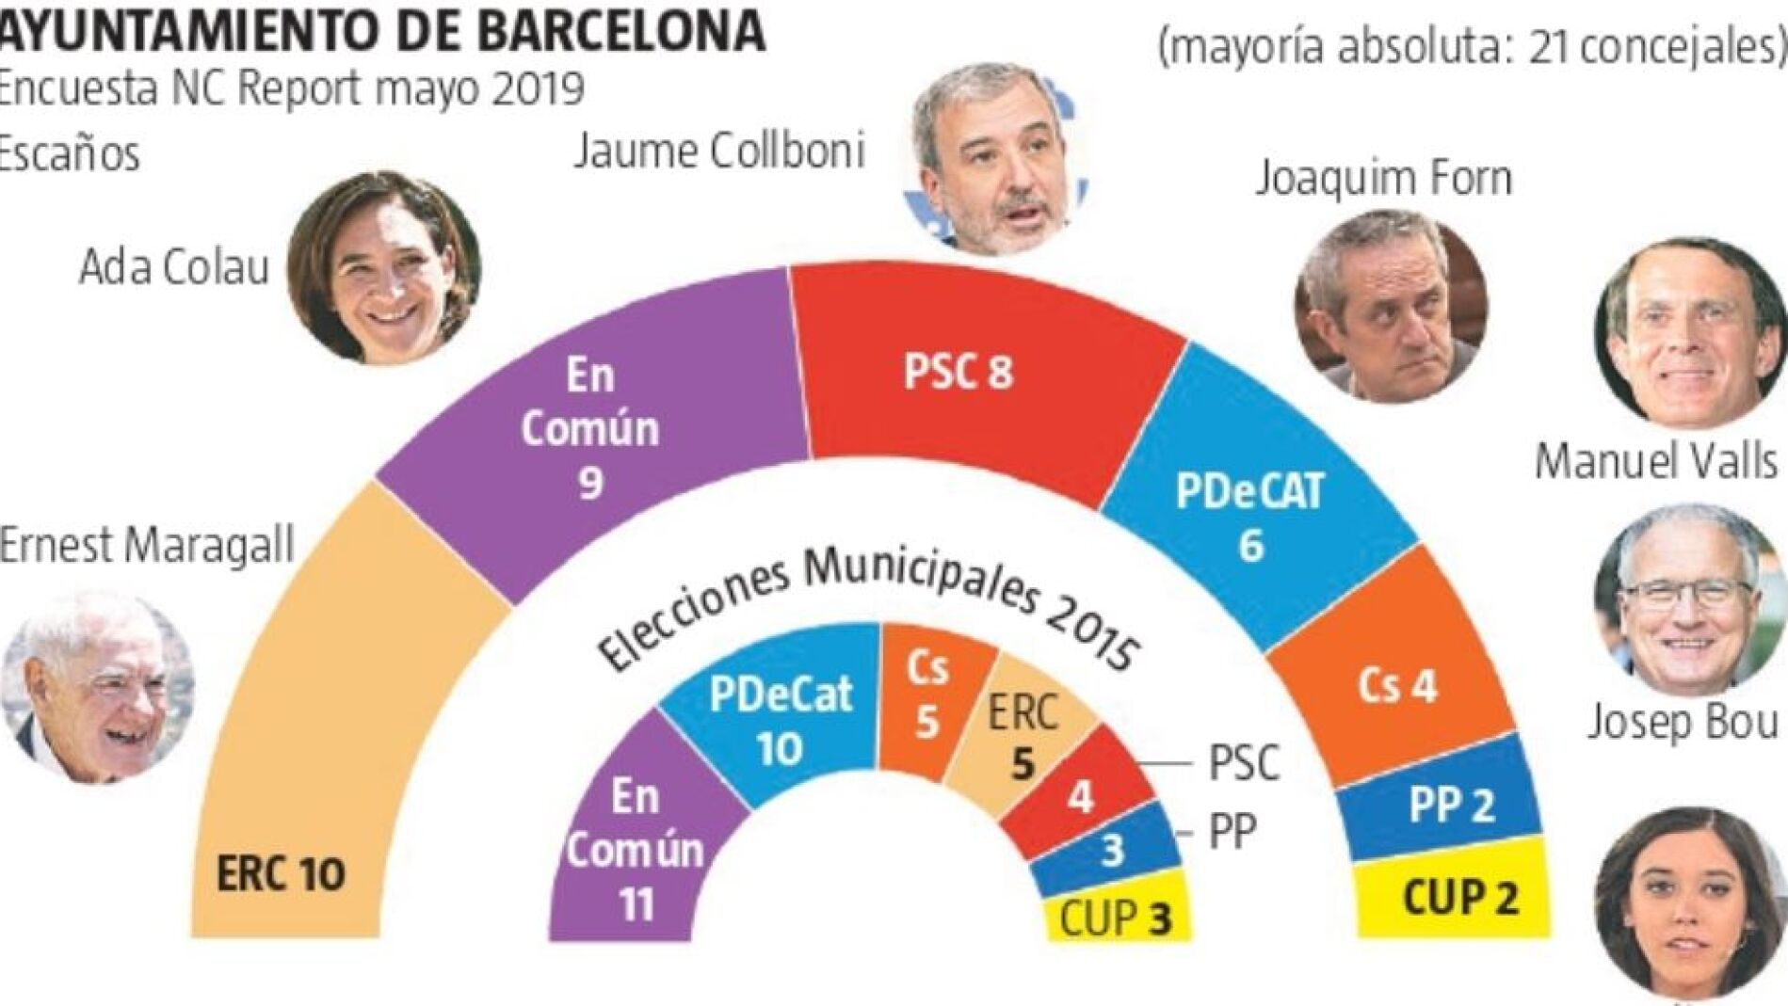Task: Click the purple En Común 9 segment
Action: [x=591, y=429]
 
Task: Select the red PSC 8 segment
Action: [x=958, y=372]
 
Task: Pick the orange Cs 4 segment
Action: [x=1396, y=687]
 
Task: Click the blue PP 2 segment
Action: [x=1451, y=806]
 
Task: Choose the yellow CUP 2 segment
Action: [x=1460, y=898]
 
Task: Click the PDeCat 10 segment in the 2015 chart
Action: [x=780, y=720]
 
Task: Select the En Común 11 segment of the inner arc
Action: [x=635, y=850]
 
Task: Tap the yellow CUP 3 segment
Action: [x=1117, y=918]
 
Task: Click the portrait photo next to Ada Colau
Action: [x=384, y=267]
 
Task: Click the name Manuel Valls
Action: [x=1655, y=462]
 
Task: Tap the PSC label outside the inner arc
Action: [x=1244, y=763]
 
